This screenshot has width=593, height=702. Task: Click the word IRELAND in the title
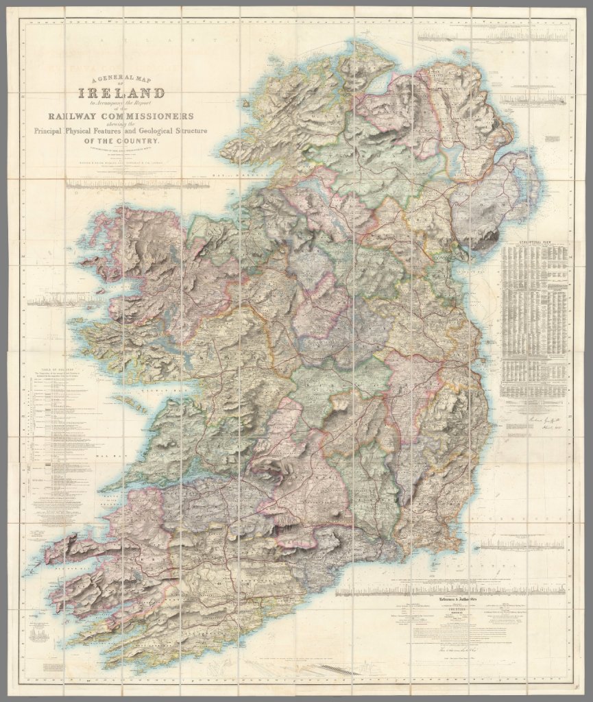coord(122,94)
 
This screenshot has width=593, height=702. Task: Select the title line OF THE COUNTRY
coord(121,141)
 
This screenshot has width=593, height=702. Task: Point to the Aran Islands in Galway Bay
coord(130,400)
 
